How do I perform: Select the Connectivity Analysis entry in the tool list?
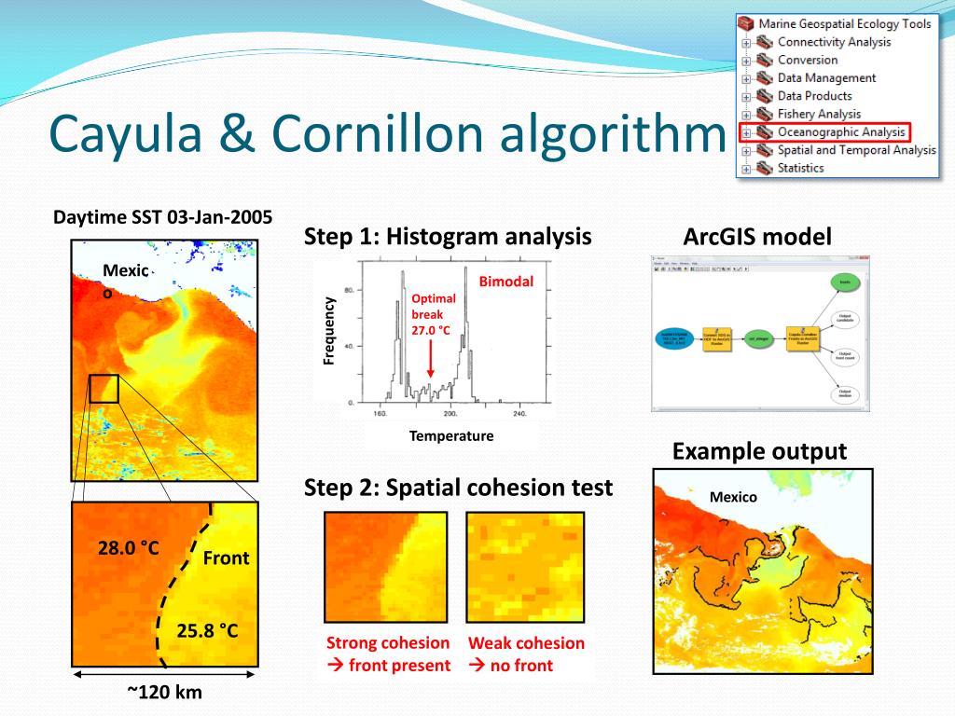tap(833, 42)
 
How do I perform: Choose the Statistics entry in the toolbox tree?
tap(800, 168)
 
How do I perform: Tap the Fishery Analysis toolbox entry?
tap(819, 114)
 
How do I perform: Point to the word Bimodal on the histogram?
tap(506, 282)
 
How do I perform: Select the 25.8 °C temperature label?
tap(208, 631)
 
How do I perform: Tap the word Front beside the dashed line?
tap(227, 558)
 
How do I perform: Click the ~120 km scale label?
tap(164, 692)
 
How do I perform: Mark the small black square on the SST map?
tap(104, 388)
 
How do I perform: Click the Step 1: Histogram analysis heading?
tap(448, 237)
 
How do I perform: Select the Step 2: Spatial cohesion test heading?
tap(458, 487)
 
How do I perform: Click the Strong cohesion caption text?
tap(388, 642)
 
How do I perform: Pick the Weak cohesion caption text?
tap(526, 642)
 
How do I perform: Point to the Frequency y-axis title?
tap(329, 330)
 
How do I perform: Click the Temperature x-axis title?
tap(451, 435)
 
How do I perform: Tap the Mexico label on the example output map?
tap(733, 497)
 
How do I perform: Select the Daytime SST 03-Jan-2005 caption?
tap(162, 217)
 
